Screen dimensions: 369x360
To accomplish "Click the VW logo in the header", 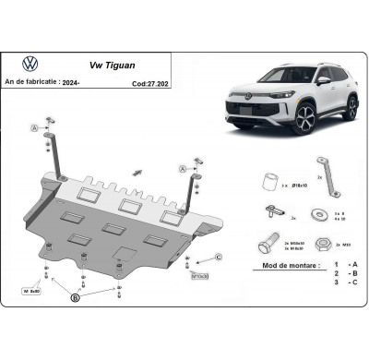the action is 30,66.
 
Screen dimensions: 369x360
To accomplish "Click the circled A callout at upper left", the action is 34,126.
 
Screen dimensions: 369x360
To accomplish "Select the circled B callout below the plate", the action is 76,298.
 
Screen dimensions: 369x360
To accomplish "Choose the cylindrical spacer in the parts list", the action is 269,177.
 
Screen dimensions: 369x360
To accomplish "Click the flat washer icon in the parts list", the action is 318,213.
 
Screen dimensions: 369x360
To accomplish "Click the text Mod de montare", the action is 286,265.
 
